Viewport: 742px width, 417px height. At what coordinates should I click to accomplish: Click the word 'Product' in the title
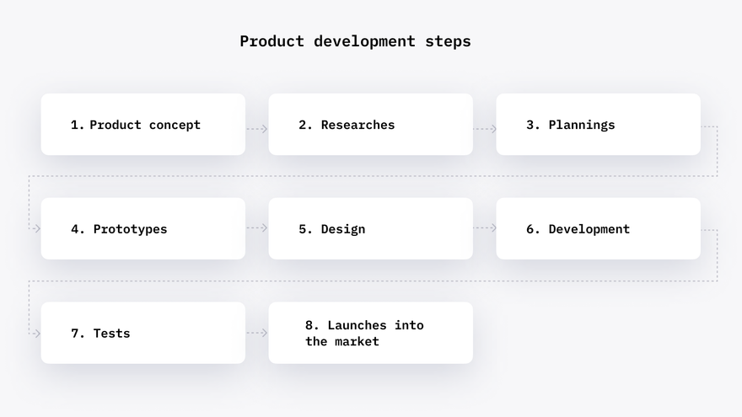pos(272,41)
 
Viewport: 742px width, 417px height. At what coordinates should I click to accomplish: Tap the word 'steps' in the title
pos(448,41)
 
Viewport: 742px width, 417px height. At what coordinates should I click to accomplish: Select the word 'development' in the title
pos(364,41)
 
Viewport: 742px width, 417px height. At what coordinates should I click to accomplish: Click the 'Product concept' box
pos(142,125)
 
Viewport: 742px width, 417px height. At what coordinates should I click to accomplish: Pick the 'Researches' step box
pos(370,125)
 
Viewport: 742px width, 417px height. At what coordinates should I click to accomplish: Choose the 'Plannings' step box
pos(598,125)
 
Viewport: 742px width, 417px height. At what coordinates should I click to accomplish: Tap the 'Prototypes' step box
pos(142,228)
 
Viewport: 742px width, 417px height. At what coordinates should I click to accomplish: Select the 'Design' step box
pos(370,228)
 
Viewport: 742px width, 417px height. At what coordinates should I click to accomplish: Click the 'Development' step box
pos(598,228)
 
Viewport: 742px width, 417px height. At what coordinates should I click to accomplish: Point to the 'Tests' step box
pos(142,333)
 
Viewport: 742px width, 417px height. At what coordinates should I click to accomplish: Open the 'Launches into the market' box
pos(370,333)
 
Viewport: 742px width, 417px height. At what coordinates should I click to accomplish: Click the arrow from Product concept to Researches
pos(257,129)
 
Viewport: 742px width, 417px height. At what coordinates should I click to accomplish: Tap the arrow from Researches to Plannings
pos(485,129)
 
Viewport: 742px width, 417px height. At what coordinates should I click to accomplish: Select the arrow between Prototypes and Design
pos(257,228)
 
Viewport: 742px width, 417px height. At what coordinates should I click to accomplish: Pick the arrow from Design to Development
pos(485,228)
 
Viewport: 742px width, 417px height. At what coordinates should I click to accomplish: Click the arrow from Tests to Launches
pos(257,333)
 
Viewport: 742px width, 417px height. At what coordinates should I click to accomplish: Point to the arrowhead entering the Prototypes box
pos(38,229)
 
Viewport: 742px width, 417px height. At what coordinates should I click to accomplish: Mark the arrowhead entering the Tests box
pos(38,334)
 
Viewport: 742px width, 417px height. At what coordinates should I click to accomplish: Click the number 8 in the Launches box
pos(309,325)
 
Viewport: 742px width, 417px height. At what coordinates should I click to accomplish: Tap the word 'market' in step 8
pos(357,341)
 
